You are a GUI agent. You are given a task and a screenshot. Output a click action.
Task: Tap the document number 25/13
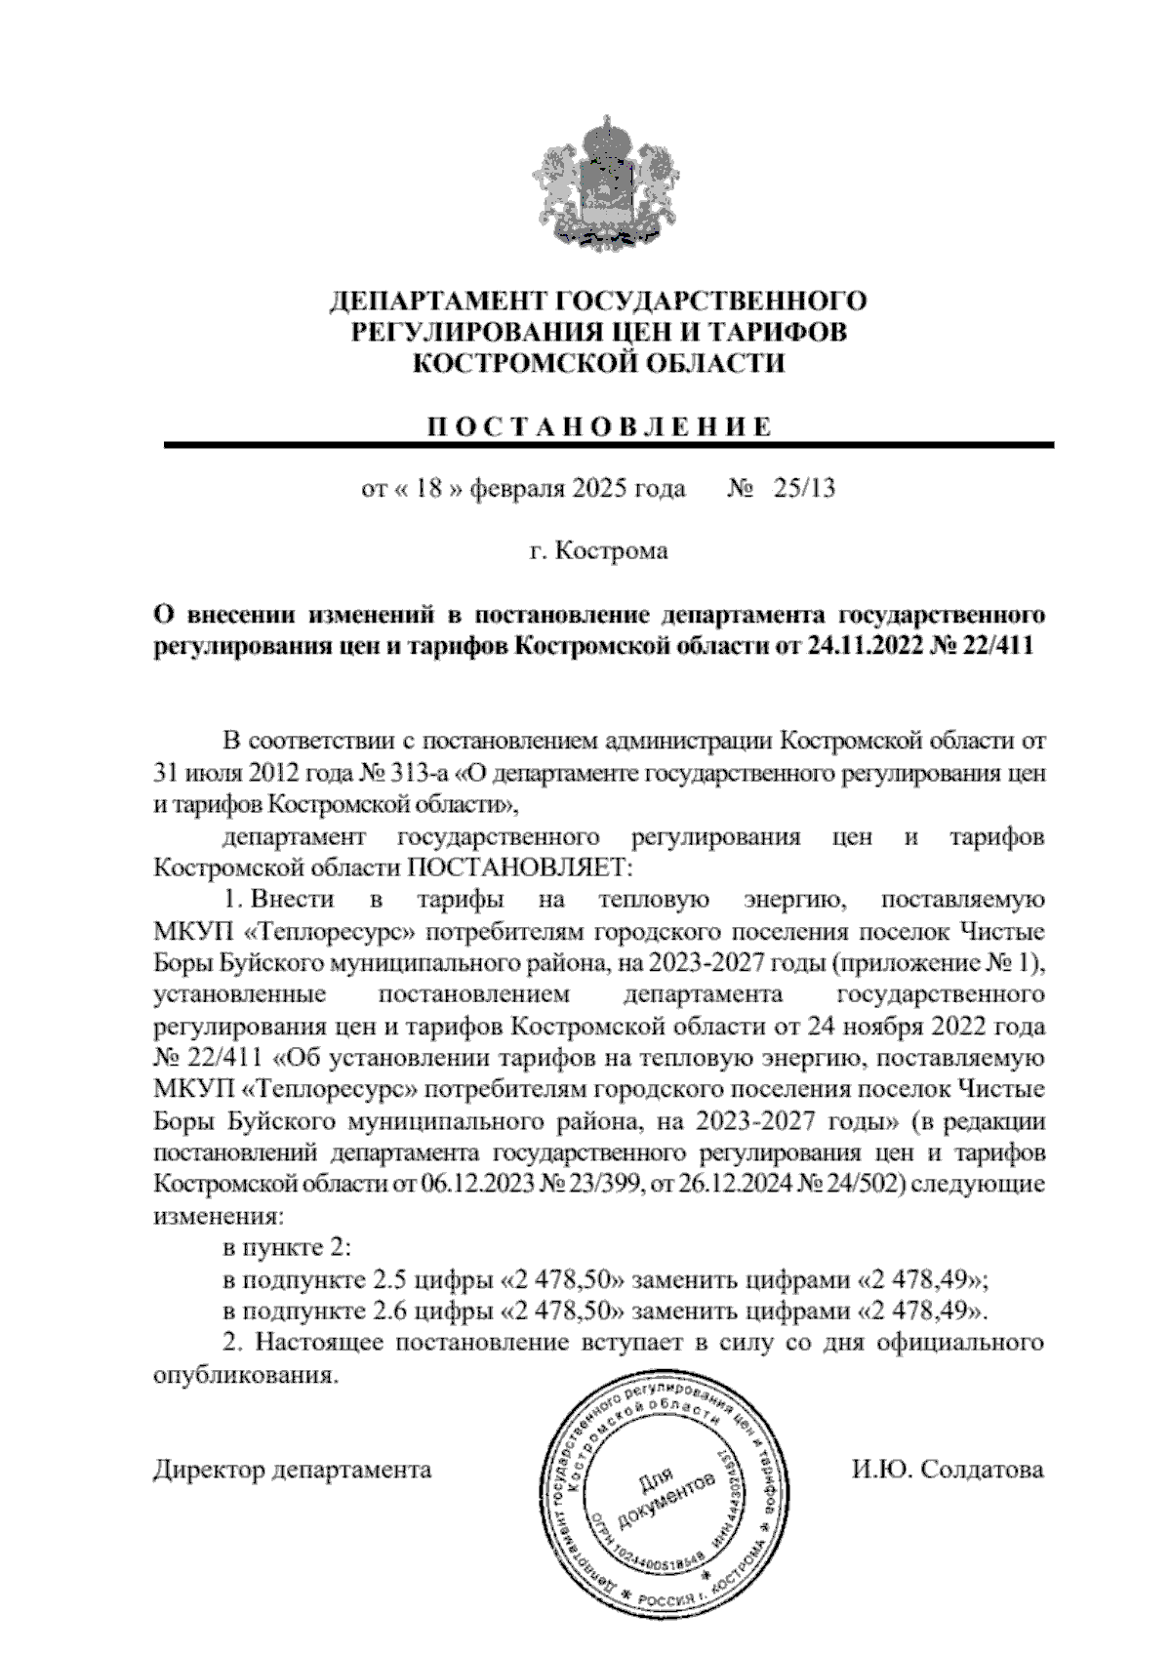tap(803, 488)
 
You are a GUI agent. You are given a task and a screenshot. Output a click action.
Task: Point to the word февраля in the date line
tap(518, 488)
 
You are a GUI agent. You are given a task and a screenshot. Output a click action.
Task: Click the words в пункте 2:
tap(286, 1248)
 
